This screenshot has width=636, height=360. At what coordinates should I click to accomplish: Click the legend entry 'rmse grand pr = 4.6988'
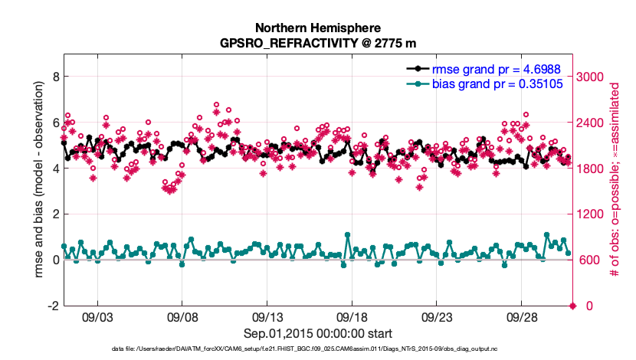click(x=498, y=68)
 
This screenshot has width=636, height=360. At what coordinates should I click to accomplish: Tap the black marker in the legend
click(x=417, y=69)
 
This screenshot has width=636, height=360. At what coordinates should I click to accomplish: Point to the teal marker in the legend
click(x=417, y=83)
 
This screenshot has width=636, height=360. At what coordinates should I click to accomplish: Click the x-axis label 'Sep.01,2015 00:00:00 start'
click(x=318, y=333)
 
